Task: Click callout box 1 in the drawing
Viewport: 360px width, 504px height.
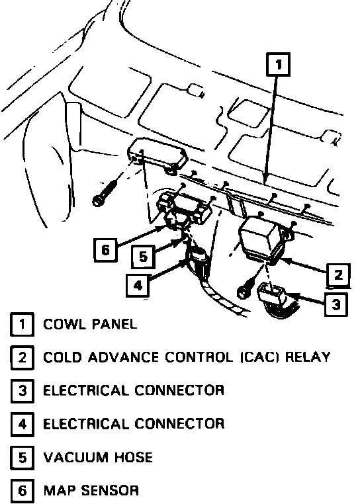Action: pos(279,65)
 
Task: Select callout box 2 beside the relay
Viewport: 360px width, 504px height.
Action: pos(338,275)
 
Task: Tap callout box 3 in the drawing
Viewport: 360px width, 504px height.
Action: pos(336,304)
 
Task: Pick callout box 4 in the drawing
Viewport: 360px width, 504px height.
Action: pos(138,285)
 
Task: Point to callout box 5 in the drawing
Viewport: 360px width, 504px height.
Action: pos(143,257)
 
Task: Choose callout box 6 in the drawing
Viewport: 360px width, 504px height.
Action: pos(105,249)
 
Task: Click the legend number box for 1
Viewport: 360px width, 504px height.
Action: pos(22,324)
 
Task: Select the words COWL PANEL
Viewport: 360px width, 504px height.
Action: pos(90,324)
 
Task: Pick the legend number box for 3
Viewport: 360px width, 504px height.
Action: pos(22,391)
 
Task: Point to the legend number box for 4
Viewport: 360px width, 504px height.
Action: pos(22,424)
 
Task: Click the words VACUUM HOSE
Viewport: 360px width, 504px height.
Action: pos(98,458)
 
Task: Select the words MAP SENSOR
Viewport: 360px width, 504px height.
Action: pos(91,491)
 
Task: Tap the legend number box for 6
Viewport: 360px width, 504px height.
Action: pos(22,491)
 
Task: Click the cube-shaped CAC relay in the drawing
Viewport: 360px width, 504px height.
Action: pos(261,239)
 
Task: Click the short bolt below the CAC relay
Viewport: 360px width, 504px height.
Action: pos(244,289)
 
